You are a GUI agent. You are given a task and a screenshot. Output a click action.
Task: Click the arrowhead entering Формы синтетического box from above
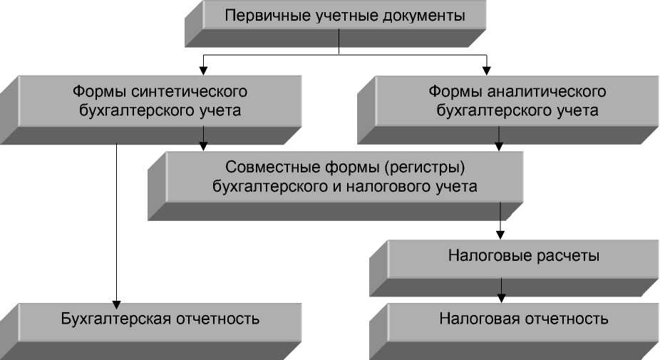[x=203, y=70]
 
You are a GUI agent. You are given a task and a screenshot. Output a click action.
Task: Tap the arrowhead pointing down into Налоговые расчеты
[x=501, y=235]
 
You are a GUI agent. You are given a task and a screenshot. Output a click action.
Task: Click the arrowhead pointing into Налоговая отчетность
[x=501, y=297]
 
